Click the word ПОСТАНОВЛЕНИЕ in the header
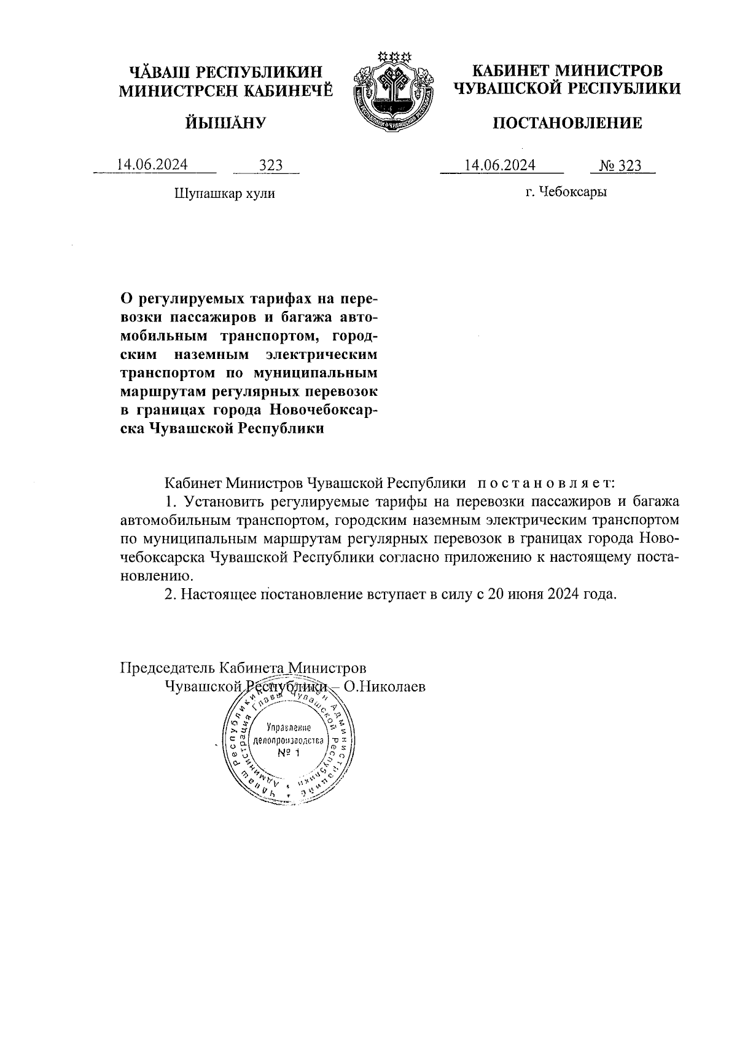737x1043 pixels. [567, 124]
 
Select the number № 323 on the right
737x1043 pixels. [620, 165]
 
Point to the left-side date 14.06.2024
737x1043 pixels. [153, 165]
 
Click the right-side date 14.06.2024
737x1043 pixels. [500, 165]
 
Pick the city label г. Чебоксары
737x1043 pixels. [566, 192]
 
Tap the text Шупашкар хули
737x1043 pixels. [225, 194]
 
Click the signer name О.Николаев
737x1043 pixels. [384, 687]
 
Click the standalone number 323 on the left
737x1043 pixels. [270, 165]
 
